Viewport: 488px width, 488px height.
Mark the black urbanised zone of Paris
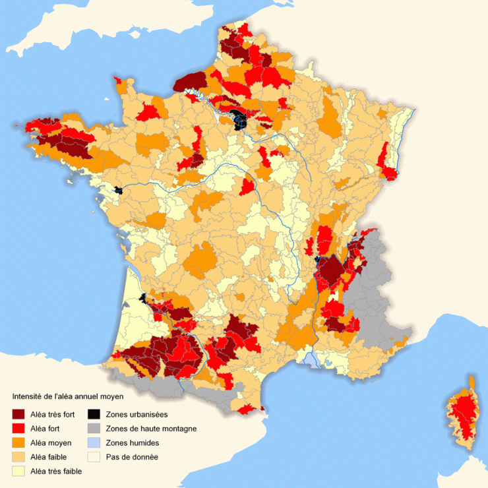[239, 121]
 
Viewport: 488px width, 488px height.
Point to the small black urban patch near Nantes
[118, 190]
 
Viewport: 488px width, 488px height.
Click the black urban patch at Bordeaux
[142, 300]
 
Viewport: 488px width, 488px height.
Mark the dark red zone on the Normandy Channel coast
[190, 81]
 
